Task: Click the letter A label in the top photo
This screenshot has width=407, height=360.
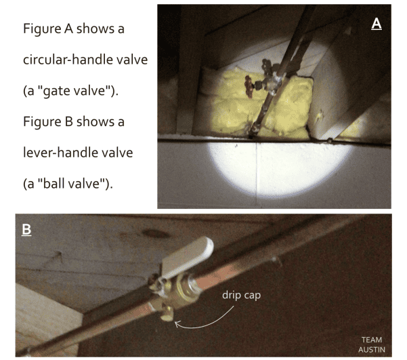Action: [x=377, y=24]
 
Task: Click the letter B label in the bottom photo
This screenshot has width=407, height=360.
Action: [x=26, y=230]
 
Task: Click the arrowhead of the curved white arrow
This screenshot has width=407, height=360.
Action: [x=177, y=323]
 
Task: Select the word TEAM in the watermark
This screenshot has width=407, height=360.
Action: [x=371, y=338]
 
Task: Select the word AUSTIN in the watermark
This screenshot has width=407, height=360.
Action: [x=371, y=349]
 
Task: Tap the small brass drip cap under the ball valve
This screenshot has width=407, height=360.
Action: [x=165, y=312]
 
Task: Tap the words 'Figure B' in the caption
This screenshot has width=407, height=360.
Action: [x=49, y=123]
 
